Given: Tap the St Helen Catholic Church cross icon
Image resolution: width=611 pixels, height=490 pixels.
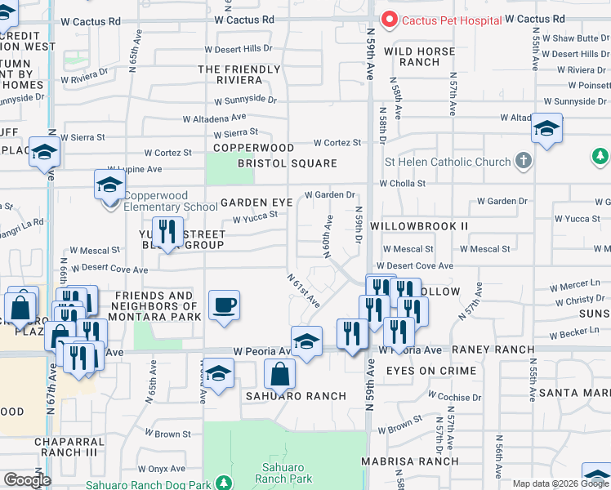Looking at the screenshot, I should click(x=523, y=162).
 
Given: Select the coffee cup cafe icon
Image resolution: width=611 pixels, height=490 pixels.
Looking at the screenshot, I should click(x=224, y=306).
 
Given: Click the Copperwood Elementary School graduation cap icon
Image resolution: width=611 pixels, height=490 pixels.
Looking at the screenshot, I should click(x=109, y=185).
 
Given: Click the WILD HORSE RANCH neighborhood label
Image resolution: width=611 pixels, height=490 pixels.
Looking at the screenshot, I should click(x=419, y=56).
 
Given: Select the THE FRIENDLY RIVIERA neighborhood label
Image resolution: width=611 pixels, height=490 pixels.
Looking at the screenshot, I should click(x=242, y=75).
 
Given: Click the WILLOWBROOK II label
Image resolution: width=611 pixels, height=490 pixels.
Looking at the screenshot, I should click(x=419, y=225).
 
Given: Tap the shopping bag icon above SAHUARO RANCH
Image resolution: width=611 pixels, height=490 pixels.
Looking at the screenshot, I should click(x=279, y=374).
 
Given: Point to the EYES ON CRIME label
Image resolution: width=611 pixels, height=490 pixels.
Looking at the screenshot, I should click(x=431, y=371).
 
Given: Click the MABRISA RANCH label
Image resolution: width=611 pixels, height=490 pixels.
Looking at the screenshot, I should click(x=411, y=461).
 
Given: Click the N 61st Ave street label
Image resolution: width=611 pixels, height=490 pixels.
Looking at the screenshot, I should click(x=303, y=290).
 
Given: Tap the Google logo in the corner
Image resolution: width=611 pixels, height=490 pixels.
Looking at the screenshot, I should click(x=27, y=480).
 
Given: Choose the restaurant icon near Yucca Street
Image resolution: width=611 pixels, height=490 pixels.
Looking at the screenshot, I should click(x=167, y=232).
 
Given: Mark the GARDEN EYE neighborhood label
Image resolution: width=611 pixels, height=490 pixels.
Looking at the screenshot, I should click(x=256, y=203).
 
